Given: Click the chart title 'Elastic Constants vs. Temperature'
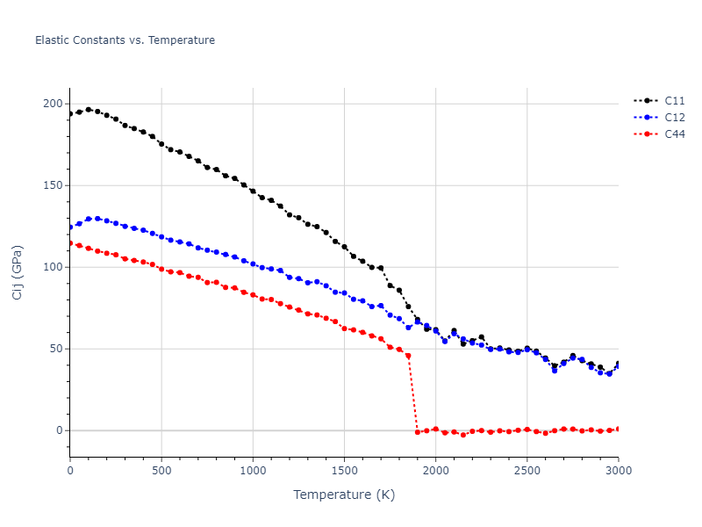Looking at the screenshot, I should (125, 40).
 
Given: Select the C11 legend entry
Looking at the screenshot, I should (674, 101).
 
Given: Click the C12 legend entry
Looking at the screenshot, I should (674, 118).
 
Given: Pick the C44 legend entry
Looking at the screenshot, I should (674, 134).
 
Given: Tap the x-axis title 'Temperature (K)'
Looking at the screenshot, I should (344, 495).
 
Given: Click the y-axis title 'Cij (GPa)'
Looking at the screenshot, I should (18, 272).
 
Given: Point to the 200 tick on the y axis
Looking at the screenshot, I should (54, 104).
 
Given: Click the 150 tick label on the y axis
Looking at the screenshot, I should (54, 185).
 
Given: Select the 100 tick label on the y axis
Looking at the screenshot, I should (54, 267).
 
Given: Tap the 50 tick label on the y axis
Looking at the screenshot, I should (56, 349).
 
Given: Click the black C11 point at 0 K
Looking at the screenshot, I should (70, 113).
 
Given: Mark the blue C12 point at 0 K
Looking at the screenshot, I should (70, 227).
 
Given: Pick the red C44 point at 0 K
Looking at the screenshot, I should (70, 243).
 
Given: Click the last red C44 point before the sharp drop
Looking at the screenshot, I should (408, 356).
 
